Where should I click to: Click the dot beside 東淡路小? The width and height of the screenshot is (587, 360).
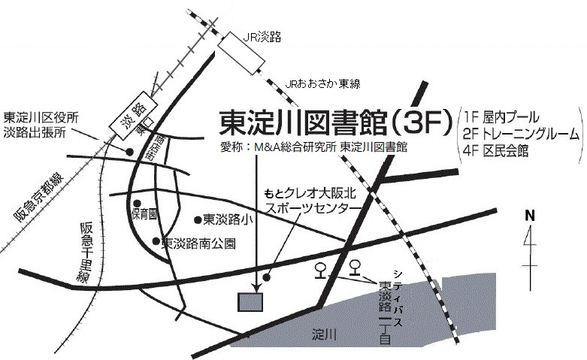tap(198, 220)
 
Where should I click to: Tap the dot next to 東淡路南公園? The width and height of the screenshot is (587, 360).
tap(156, 242)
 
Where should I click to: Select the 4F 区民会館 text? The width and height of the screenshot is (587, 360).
tap(497, 151)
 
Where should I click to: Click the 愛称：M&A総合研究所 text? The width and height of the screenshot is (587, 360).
tap(278, 147)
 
